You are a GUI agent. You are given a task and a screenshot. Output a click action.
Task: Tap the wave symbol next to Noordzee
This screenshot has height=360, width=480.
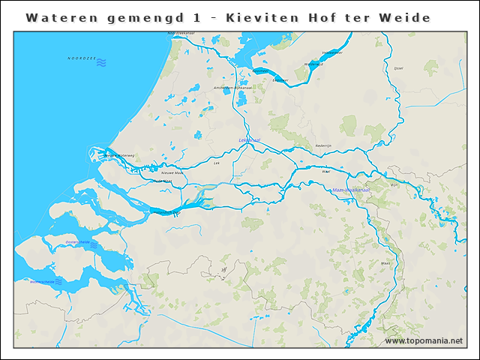click(101, 62)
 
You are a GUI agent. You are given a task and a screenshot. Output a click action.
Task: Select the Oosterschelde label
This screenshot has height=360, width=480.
click(78, 243)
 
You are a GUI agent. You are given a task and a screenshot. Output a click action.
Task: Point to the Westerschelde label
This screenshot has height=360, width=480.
click(43, 282)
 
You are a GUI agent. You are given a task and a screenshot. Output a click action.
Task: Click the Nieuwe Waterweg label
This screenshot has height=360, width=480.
click(118, 156)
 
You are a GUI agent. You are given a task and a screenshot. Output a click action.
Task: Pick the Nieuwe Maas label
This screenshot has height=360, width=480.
click(172, 172)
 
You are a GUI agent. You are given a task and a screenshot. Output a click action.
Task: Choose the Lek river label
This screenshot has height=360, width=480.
click(217, 162)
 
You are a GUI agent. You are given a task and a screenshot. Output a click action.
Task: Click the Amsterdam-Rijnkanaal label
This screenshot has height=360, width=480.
click(233, 88)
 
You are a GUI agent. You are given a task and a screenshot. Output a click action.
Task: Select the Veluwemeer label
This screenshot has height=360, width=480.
click(332, 52)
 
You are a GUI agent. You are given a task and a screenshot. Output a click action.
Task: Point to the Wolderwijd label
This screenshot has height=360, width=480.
click(314, 64)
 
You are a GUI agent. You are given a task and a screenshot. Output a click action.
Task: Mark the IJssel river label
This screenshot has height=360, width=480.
click(398, 68)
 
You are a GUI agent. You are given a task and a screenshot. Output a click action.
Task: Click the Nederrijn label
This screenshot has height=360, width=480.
click(323, 145)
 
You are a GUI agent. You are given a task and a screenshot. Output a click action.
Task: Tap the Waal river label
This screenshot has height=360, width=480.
click(325, 172)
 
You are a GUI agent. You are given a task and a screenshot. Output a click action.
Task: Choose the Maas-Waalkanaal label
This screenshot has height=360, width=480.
click(351, 190)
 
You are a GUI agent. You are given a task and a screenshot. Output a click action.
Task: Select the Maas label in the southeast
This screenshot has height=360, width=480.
click(385, 264)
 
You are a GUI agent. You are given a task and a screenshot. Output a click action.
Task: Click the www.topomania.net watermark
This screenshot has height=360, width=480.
click(424, 341)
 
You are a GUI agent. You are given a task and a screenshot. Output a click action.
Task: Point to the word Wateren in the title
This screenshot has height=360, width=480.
click(54, 17)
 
